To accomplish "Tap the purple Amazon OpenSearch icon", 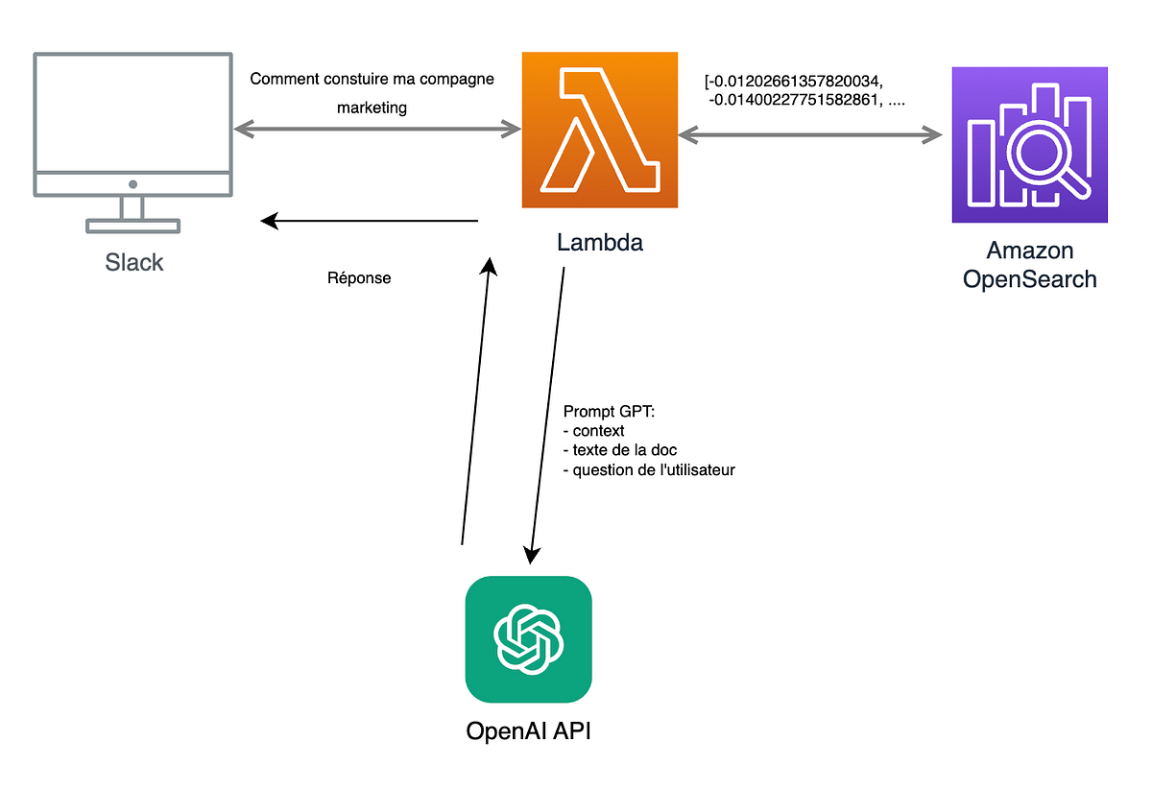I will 1029,144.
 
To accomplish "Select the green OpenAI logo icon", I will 528,639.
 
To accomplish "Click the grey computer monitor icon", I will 132,142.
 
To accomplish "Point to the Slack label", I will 133,262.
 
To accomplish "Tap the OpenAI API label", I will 528,731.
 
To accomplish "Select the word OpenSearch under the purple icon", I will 1029,279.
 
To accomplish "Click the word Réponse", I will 359,279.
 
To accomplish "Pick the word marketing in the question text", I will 372,108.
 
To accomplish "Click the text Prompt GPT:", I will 608,412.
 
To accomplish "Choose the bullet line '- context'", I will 593,431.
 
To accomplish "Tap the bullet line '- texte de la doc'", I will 620,450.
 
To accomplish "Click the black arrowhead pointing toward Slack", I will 270,222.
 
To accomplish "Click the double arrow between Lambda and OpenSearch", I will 810,135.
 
